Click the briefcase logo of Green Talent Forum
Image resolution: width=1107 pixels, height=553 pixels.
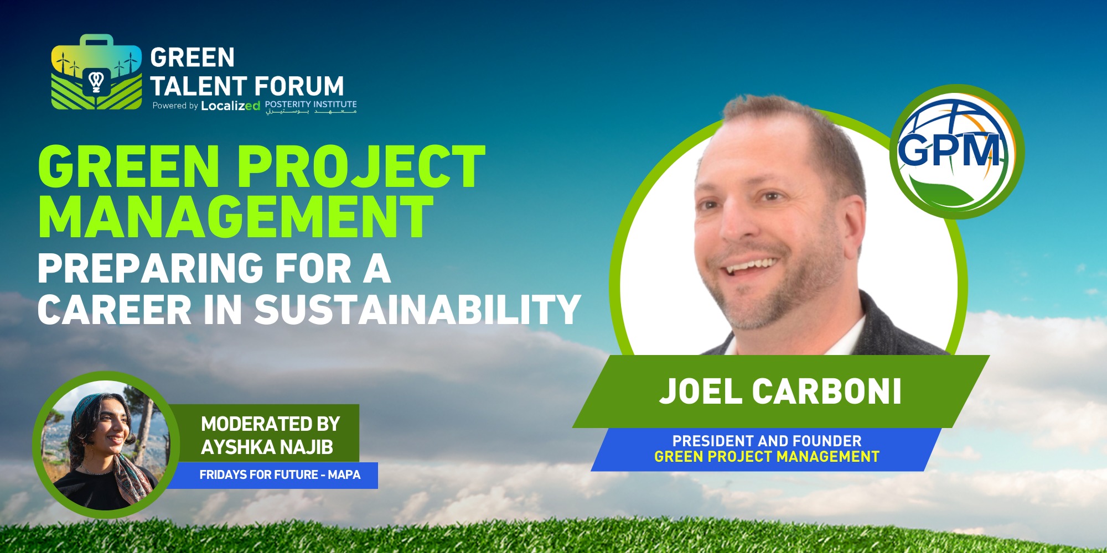[x=96, y=73]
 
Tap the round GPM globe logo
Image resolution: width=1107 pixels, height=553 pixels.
[x=956, y=152]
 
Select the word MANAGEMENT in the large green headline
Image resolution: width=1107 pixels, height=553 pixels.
[x=235, y=217]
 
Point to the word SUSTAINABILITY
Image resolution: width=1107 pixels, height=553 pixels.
[x=417, y=309]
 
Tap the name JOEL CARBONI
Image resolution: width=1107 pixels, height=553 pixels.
[x=780, y=392]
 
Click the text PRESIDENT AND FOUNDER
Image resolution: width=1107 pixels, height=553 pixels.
[x=767, y=441]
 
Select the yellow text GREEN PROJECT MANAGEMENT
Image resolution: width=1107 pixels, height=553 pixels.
[x=767, y=457]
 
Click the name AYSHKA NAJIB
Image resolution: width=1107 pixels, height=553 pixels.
[x=267, y=447]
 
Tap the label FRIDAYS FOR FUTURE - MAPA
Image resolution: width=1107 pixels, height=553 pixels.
[x=280, y=475]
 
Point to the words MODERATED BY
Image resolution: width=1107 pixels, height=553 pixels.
[x=270, y=424]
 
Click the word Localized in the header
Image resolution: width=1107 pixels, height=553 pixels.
[x=230, y=106]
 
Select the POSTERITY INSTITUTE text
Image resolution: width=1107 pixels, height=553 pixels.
[x=311, y=104]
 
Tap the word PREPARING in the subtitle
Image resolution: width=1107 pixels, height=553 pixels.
[x=150, y=269]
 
